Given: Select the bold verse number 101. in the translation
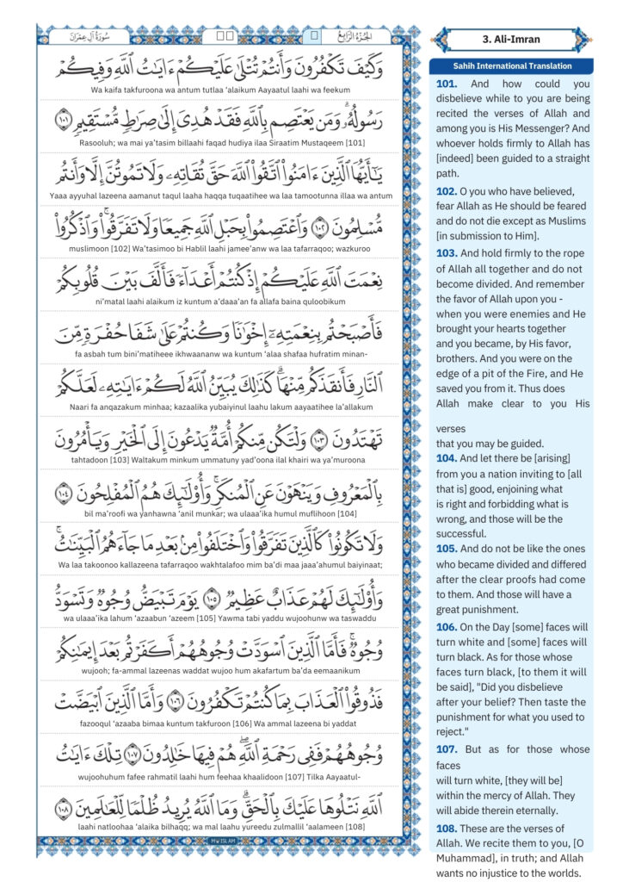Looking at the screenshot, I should tap(449, 84).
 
